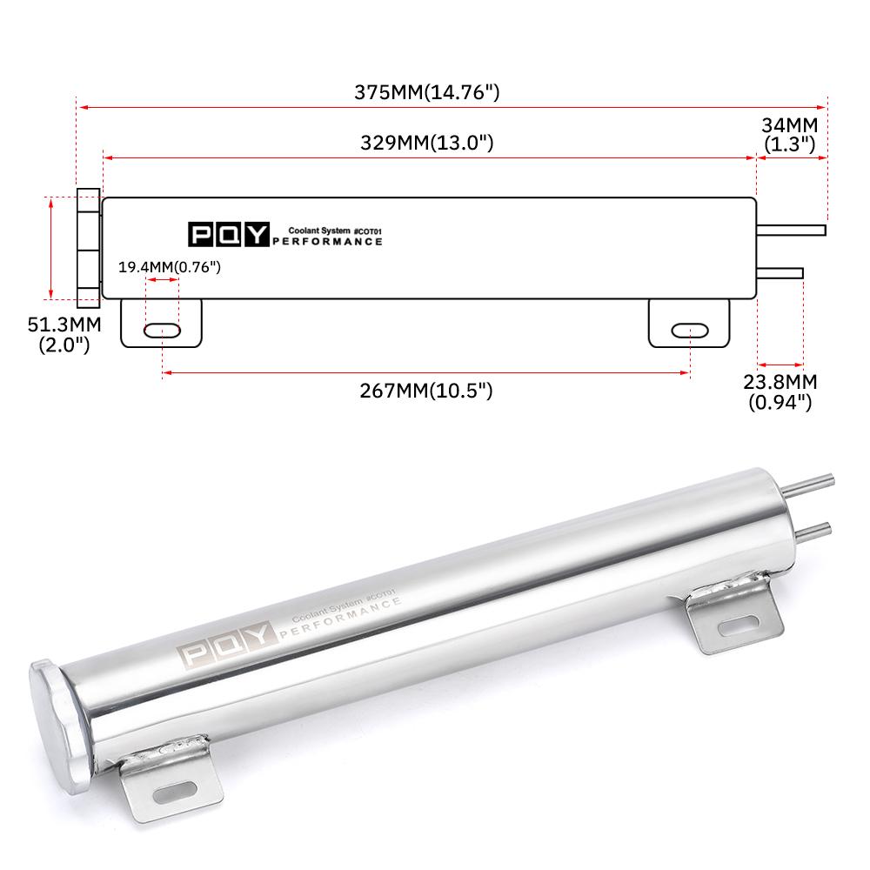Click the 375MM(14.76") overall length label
(426, 92)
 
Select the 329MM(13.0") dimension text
(426, 143)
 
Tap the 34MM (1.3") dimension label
(790, 134)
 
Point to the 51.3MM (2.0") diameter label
(64, 335)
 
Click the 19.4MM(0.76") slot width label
(170, 267)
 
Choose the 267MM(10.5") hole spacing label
(426, 391)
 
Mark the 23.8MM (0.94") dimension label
(780, 391)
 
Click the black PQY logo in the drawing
(229, 235)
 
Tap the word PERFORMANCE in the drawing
(327, 242)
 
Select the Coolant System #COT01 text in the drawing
(335, 231)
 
